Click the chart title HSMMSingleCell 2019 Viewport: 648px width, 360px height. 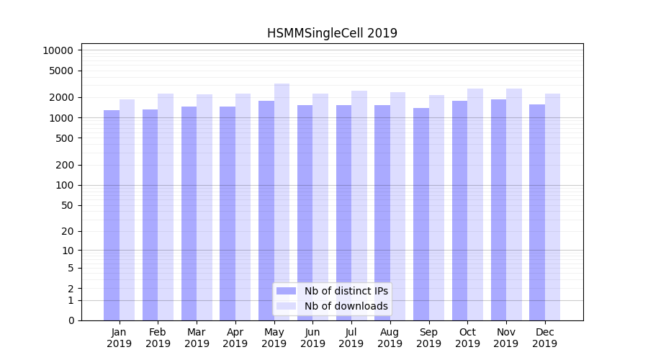coord(332,33)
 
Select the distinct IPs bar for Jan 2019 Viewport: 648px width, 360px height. coord(112,215)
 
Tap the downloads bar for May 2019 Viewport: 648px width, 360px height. coord(282,202)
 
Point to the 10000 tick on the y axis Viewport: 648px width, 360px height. coord(58,50)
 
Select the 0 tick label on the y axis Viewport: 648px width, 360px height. coord(71,320)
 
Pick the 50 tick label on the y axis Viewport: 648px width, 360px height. coord(68,205)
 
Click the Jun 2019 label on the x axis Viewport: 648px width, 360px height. coord(312,338)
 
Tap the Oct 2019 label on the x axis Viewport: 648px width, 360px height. coord(467,338)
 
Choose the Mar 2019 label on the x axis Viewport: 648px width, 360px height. coord(197,338)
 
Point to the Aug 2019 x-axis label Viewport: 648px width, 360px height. coord(390,338)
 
